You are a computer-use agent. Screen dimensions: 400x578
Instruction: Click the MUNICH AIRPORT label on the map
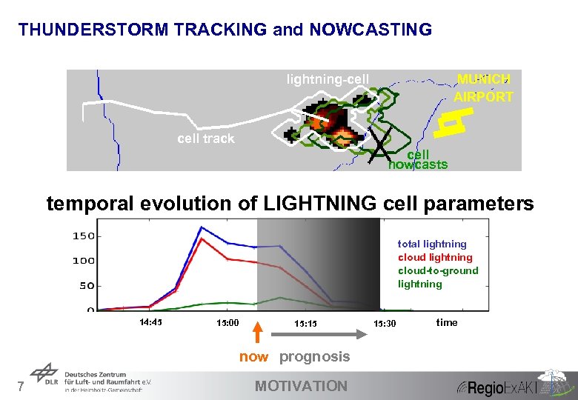(x=483, y=88)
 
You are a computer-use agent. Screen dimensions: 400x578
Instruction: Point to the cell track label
(x=205, y=139)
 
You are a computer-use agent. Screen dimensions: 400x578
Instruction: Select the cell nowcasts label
(x=419, y=160)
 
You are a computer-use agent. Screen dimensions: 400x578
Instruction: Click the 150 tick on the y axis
(x=83, y=236)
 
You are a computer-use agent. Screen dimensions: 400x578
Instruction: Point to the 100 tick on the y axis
(x=83, y=261)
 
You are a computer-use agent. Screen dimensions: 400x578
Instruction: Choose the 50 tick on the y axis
(x=86, y=285)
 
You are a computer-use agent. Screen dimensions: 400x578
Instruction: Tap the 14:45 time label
(x=151, y=322)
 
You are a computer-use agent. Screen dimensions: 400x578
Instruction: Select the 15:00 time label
(x=227, y=323)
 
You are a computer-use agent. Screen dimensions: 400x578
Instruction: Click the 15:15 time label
(x=305, y=323)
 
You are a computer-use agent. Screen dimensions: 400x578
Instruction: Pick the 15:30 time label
(x=385, y=323)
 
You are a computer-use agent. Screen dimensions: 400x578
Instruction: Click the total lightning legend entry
(x=432, y=244)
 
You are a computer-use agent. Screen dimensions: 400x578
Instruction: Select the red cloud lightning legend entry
(x=435, y=257)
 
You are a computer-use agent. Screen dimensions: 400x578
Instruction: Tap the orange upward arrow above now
(x=254, y=333)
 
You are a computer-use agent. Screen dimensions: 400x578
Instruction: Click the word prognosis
(x=314, y=356)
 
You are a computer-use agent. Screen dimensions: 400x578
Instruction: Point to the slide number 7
(x=21, y=385)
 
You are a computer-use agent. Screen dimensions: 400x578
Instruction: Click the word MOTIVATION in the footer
(x=300, y=385)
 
